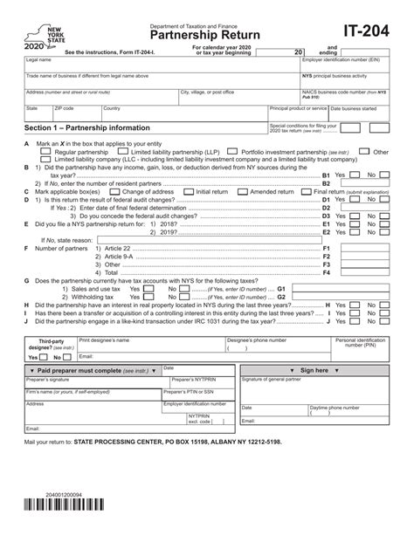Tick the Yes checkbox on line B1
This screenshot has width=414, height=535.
[353, 175]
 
